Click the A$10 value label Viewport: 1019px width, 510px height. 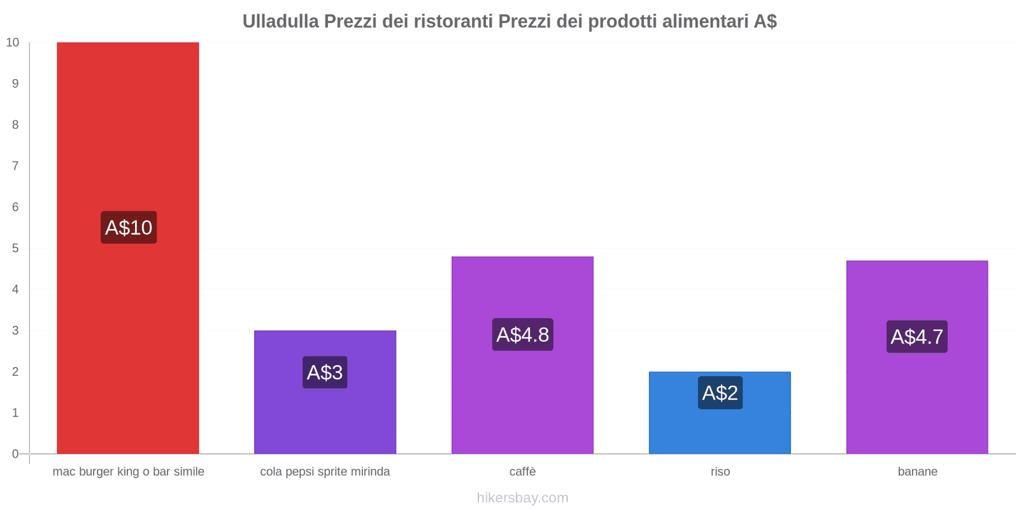[x=129, y=228]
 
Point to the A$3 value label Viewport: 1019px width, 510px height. [x=325, y=372]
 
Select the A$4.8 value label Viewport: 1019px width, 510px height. [x=522, y=335]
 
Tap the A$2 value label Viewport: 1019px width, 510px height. [x=720, y=393]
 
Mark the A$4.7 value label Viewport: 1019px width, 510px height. [x=917, y=337]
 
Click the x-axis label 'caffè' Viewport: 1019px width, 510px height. [x=522, y=472]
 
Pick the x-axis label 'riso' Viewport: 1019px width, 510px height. [x=720, y=472]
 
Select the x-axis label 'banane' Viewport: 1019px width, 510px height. [x=917, y=472]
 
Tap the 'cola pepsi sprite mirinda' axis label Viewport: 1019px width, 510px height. [x=325, y=472]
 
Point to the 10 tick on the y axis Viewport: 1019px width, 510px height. [x=13, y=43]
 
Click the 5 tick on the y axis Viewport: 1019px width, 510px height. [x=15, y=248]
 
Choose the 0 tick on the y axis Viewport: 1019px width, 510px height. [x=15, y=454]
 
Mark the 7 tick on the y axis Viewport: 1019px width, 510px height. [x=15, y=166]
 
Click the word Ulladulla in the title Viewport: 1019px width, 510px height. [x=280, y=22]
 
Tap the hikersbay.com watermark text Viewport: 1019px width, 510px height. [x=522, y=498]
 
